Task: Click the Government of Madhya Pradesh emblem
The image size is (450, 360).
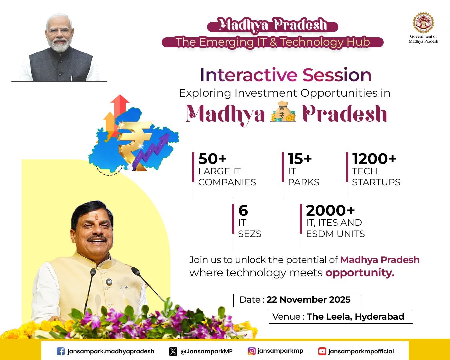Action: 423,22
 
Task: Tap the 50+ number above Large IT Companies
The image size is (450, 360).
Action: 212,159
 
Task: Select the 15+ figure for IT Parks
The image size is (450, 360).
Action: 300,159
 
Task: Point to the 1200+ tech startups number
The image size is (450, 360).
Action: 374,159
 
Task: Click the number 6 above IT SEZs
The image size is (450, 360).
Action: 243,210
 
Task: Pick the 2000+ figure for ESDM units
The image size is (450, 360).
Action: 330,210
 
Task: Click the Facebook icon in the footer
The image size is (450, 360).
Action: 61,351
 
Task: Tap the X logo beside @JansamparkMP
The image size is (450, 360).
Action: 173,351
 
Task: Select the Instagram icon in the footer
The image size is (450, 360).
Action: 252,351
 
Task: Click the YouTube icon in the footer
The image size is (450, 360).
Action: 322,351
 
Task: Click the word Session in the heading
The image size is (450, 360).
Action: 337,75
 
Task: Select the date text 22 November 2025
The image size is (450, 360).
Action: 308,300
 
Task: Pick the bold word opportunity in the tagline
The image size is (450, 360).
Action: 360,273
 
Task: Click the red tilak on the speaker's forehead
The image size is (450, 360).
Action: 97,218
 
